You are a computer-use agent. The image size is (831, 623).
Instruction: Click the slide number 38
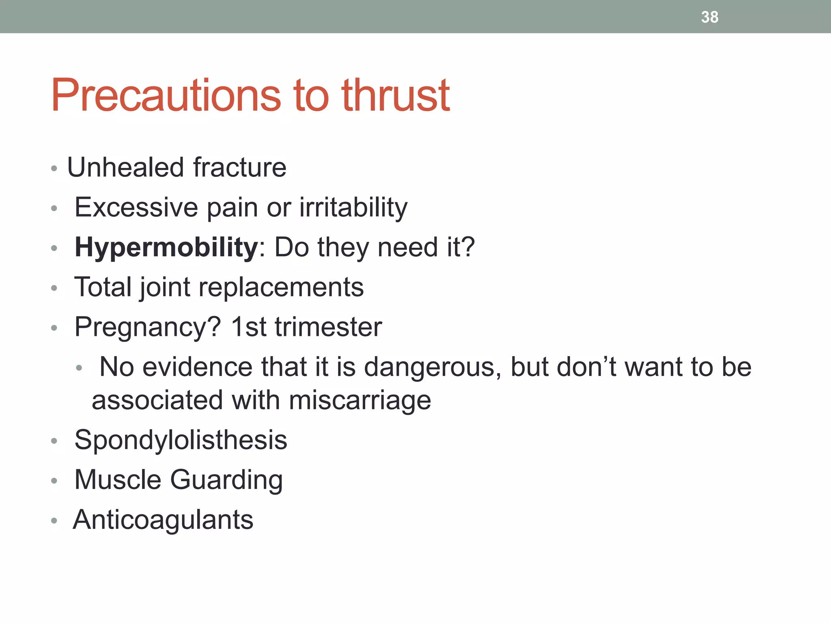click(x=709, y=17)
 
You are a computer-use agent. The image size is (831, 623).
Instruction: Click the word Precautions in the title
click(x=166, y=95)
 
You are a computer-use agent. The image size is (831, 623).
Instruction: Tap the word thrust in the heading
click(x=396, y=95)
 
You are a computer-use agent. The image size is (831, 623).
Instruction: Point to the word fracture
click(x=240, y=167)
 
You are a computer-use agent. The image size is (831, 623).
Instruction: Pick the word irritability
click(x=353, y=207)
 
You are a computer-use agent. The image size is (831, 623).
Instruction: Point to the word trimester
click(x=328, y=327)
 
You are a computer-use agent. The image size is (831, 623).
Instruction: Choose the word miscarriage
click(x=360, y=400)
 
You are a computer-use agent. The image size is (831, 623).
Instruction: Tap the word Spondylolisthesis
click(x=181, y=440)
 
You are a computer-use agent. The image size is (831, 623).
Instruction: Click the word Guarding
click(x=226, y=480)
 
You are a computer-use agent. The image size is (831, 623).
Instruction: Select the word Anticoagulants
click(x=163, y=520)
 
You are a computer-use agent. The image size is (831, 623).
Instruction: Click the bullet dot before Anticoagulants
click(x=54, y=520)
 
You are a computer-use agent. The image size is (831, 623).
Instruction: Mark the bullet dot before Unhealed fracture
click(x=54, y=168)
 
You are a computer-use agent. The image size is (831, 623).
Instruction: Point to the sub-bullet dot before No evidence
click(x=79, y=368)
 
